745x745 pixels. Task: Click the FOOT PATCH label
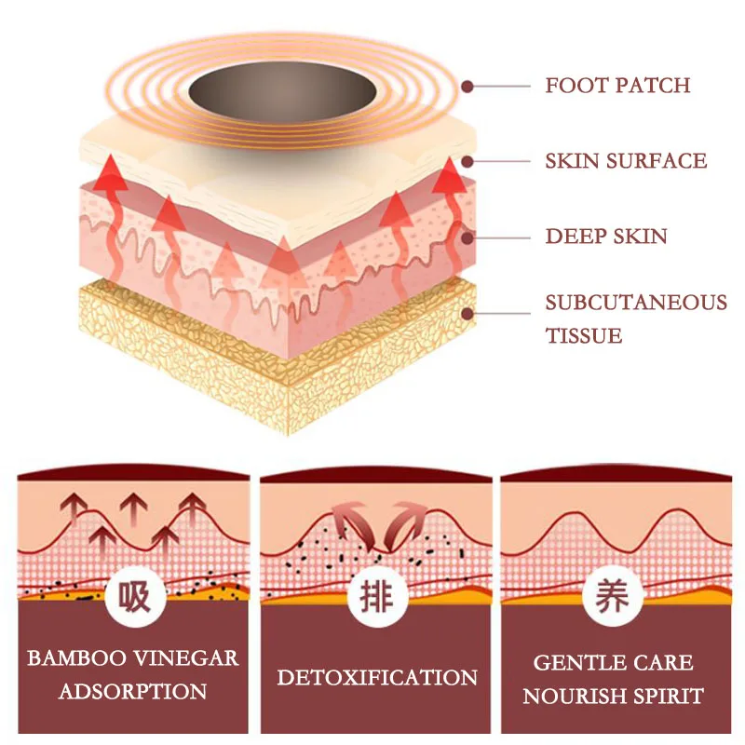point(617,86)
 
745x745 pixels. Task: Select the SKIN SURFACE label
point(626,161)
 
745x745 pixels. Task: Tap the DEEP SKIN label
point(606,236)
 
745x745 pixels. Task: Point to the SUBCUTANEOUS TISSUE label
point(636,318)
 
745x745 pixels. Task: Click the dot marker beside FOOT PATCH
point(468,86)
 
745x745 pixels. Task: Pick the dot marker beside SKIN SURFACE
point(468,161)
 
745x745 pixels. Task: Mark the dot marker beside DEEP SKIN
point(468,237)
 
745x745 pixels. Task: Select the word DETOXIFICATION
point(377,677)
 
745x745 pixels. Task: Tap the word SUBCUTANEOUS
point(636,303)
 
